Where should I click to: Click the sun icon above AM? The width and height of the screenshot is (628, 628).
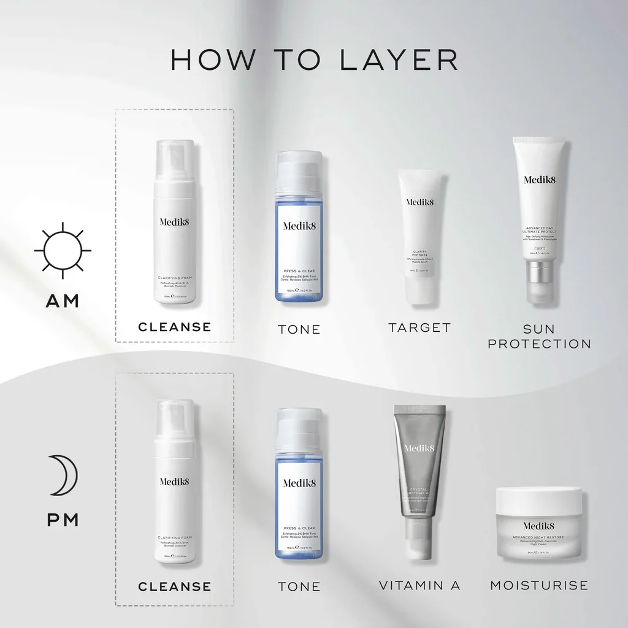(62, 250)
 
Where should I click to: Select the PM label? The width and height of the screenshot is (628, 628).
(62, 520)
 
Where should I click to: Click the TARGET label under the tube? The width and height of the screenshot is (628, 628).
(419, 327)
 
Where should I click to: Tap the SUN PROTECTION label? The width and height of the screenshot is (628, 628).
(539, 336)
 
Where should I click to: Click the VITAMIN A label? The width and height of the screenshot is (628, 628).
(419, 586)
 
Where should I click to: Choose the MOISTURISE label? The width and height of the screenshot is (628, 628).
(539, 585)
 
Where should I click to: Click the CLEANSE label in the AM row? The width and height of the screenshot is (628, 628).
(175, 327)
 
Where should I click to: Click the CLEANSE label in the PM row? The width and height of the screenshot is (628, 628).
(175, 587)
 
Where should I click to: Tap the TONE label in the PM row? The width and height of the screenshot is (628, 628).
(299, 587)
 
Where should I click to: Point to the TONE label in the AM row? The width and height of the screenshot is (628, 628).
(299, 329)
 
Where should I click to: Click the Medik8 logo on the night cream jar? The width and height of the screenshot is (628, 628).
(539, 525)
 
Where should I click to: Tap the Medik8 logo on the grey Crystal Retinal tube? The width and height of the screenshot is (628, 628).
(419, 448)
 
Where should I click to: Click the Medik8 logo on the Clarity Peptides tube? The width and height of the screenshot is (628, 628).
(419, 202)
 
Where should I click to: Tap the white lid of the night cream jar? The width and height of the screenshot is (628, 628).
(539, 498)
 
